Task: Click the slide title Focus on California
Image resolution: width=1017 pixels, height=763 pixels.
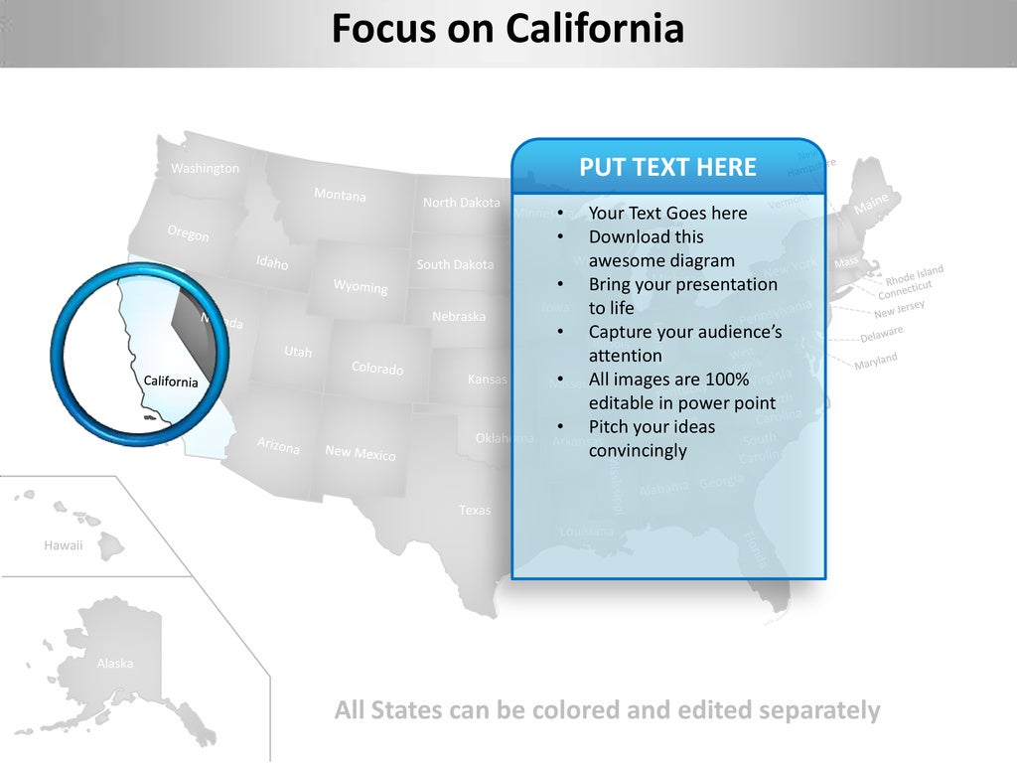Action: (508, 29)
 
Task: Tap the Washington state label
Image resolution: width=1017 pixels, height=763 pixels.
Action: (205, 169)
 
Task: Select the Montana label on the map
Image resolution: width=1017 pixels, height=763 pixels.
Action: (340, 195)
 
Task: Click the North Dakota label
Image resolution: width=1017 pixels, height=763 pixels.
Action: (462, 203)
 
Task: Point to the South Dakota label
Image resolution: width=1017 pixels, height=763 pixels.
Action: (455, 265)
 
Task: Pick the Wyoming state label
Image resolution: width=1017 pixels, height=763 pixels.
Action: (361, 286)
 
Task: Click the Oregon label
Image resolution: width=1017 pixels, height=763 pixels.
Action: (188, 233)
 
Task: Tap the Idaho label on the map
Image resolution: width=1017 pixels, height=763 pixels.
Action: (272, 263)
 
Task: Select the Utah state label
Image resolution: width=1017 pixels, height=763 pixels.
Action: (298, 352)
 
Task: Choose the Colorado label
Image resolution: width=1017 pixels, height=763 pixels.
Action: (377, 369)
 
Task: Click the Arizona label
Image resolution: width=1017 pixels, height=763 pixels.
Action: (278, 446)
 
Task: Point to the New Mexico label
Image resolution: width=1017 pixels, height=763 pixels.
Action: (361, 453)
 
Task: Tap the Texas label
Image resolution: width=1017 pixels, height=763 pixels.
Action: (475, 511)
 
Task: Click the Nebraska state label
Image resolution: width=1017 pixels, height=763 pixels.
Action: (459, 317)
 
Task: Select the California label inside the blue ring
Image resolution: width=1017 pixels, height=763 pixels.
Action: (171, 381)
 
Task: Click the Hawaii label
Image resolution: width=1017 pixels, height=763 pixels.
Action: (64, 545)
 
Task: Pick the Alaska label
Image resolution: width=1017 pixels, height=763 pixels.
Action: (115, 664)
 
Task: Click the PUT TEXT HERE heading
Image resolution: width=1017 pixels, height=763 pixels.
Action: (667, 167)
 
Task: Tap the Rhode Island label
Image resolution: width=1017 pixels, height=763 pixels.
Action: (914, 273)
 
